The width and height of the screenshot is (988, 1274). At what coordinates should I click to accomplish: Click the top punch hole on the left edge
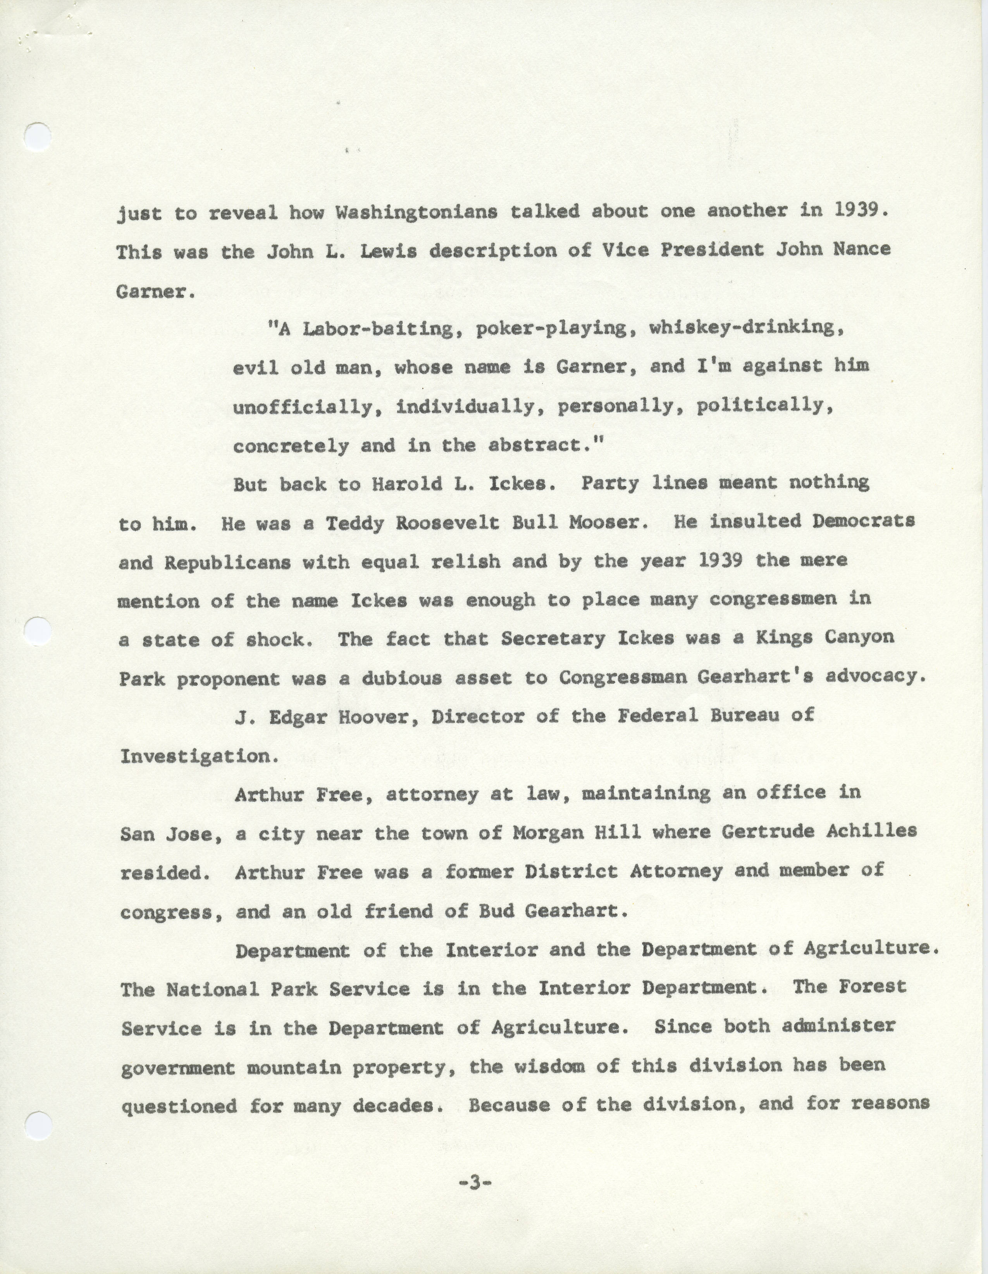click(38, 138)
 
